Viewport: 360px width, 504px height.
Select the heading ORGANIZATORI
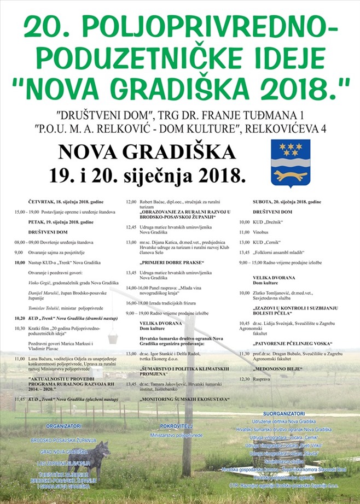pyautogui.click(x=64, y=426)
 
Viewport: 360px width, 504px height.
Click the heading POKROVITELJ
pyautogui.click(x=175, y=425)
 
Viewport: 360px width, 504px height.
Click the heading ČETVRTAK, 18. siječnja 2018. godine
pyautogui.click(x=66, y=202)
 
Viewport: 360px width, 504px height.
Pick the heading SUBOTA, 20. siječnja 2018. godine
pyautogui.click(x=287, y=202)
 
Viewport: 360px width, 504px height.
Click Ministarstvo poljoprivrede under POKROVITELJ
pyautogui.click(x=175, y=435)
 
